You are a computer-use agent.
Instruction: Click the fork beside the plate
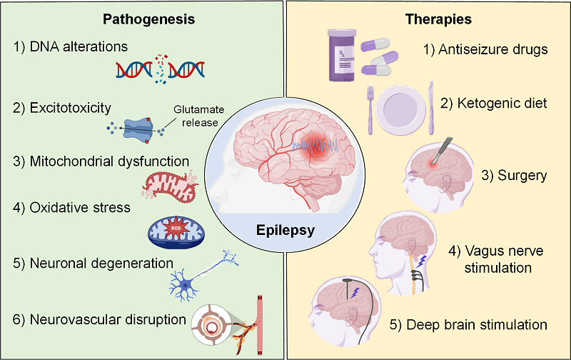coord(370,110)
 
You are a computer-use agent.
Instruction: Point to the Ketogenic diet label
coord(493,104)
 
